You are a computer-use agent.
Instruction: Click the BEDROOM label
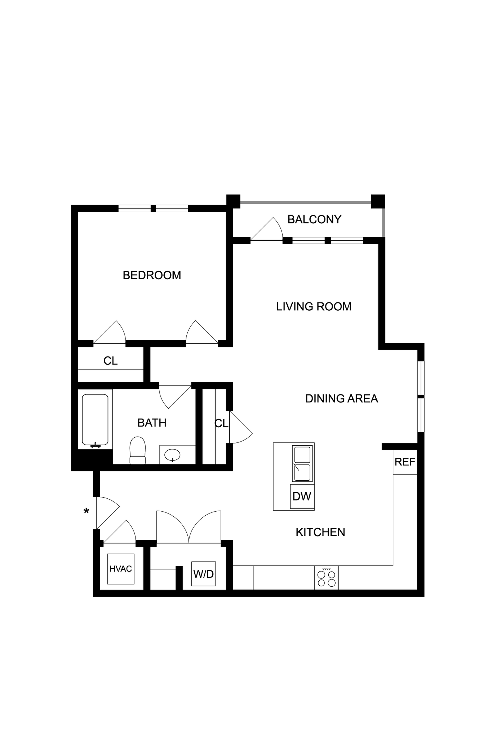(152, 275)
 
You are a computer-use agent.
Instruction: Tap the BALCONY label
(314, 219)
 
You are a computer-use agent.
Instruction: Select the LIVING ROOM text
(314, 307)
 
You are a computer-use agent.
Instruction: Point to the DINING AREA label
(341, 399)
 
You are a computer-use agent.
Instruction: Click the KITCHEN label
(320, 532)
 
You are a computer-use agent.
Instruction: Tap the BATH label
(152, 423)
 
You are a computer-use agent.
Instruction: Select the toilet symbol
(137, 450)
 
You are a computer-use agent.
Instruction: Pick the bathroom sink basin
(172, 455)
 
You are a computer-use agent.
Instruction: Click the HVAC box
(121, 569)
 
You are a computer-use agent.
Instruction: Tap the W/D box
(203, 574)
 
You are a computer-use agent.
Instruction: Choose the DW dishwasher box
(302, 497)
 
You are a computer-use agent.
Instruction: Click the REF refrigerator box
(405, 462)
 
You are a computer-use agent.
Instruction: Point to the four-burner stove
(326, 578)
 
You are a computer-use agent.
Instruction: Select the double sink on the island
(302, 464)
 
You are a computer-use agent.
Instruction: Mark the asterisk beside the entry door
(86, 511)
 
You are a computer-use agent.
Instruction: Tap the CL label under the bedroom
(110, 361)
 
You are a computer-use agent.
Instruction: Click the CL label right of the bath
(221, 424)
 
